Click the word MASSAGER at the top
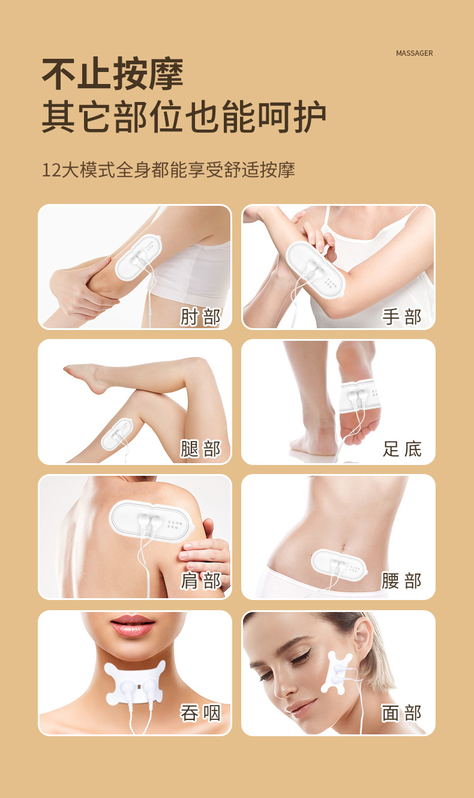click(x=414, y=53)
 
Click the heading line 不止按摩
click(x=112, y=74)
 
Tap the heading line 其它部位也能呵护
click(x=184, y=118)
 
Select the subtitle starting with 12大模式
click(x=168, y=169)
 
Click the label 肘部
click(x=200, y=317)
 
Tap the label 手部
click(x=402, y=317)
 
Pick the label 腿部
click(x=200, y=449)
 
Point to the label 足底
click(x=402, y=449)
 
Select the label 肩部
click(x=200, y=581)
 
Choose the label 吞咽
click(x=200, y=713)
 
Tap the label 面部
click(x=402, y=713)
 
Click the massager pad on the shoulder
click(x=150, y=520)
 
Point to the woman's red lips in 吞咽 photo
click(x=132, y=626)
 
